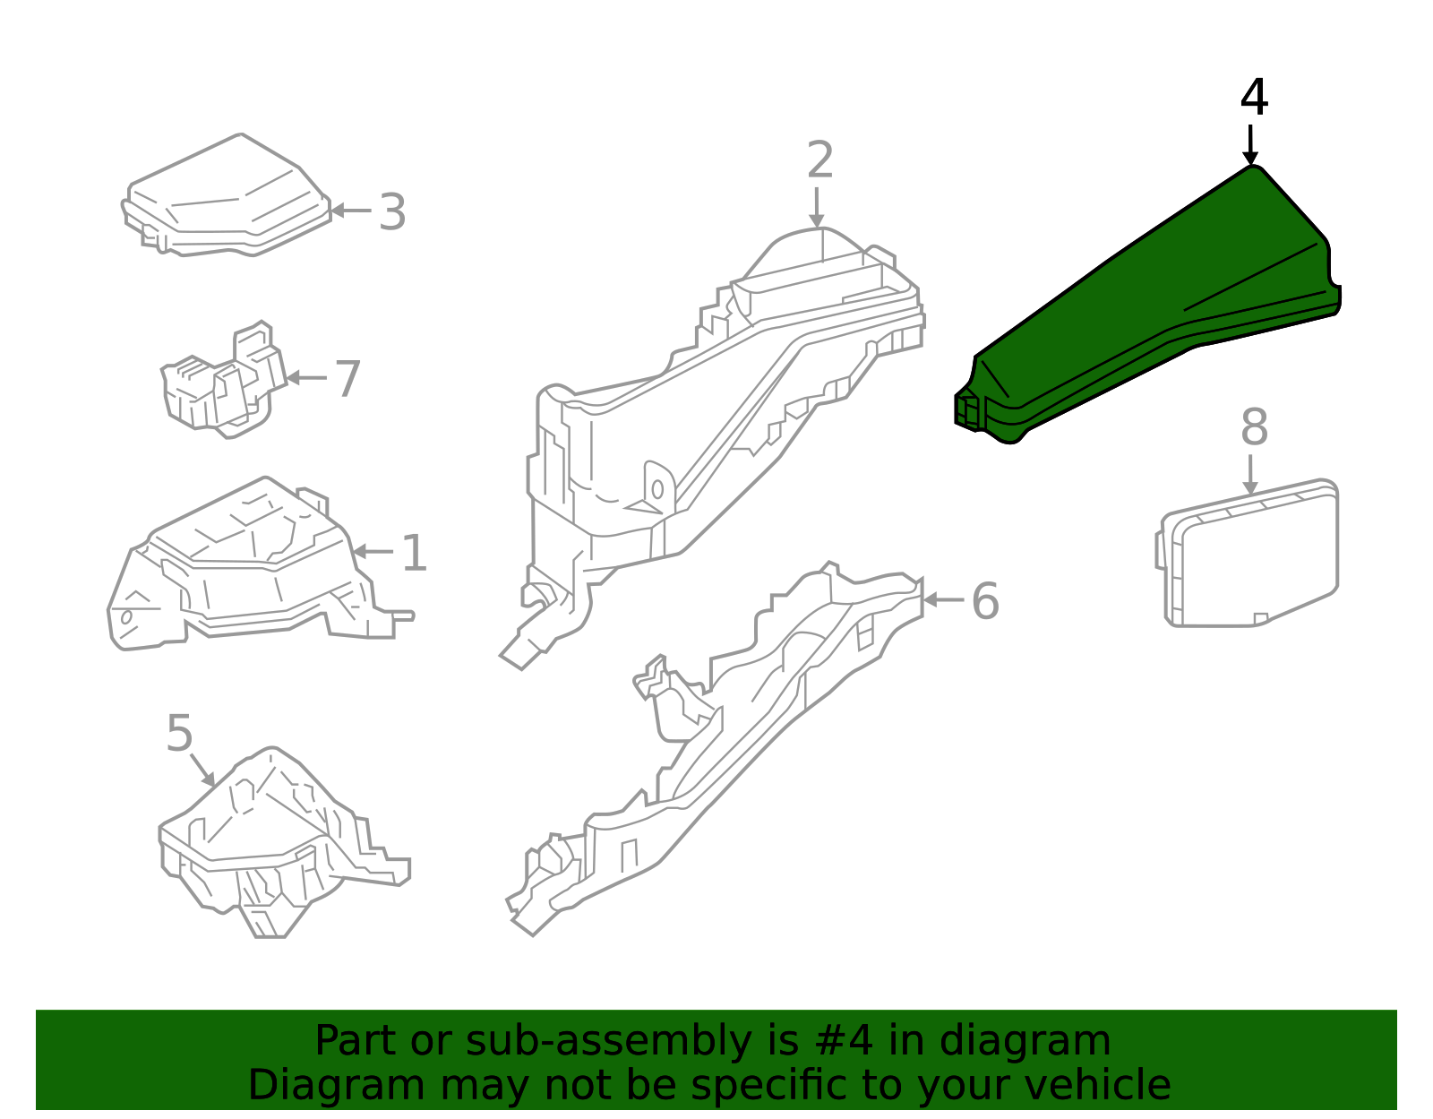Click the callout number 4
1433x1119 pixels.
coord(1254,98)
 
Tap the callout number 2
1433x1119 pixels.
coord(820,159)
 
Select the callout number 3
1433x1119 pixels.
coord(392,212)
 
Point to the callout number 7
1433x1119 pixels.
coord(348,379)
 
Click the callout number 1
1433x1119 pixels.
coord(415,553)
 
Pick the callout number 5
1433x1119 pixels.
coord(179,733)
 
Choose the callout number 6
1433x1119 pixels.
coord(985,601)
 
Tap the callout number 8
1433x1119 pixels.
coord(1254,427)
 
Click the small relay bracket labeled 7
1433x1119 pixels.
coord(224,381)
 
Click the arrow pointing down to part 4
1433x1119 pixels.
coord(1249,143)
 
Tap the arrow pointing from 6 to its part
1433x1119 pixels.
coord(944,600)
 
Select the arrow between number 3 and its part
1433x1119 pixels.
coord(351,211)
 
